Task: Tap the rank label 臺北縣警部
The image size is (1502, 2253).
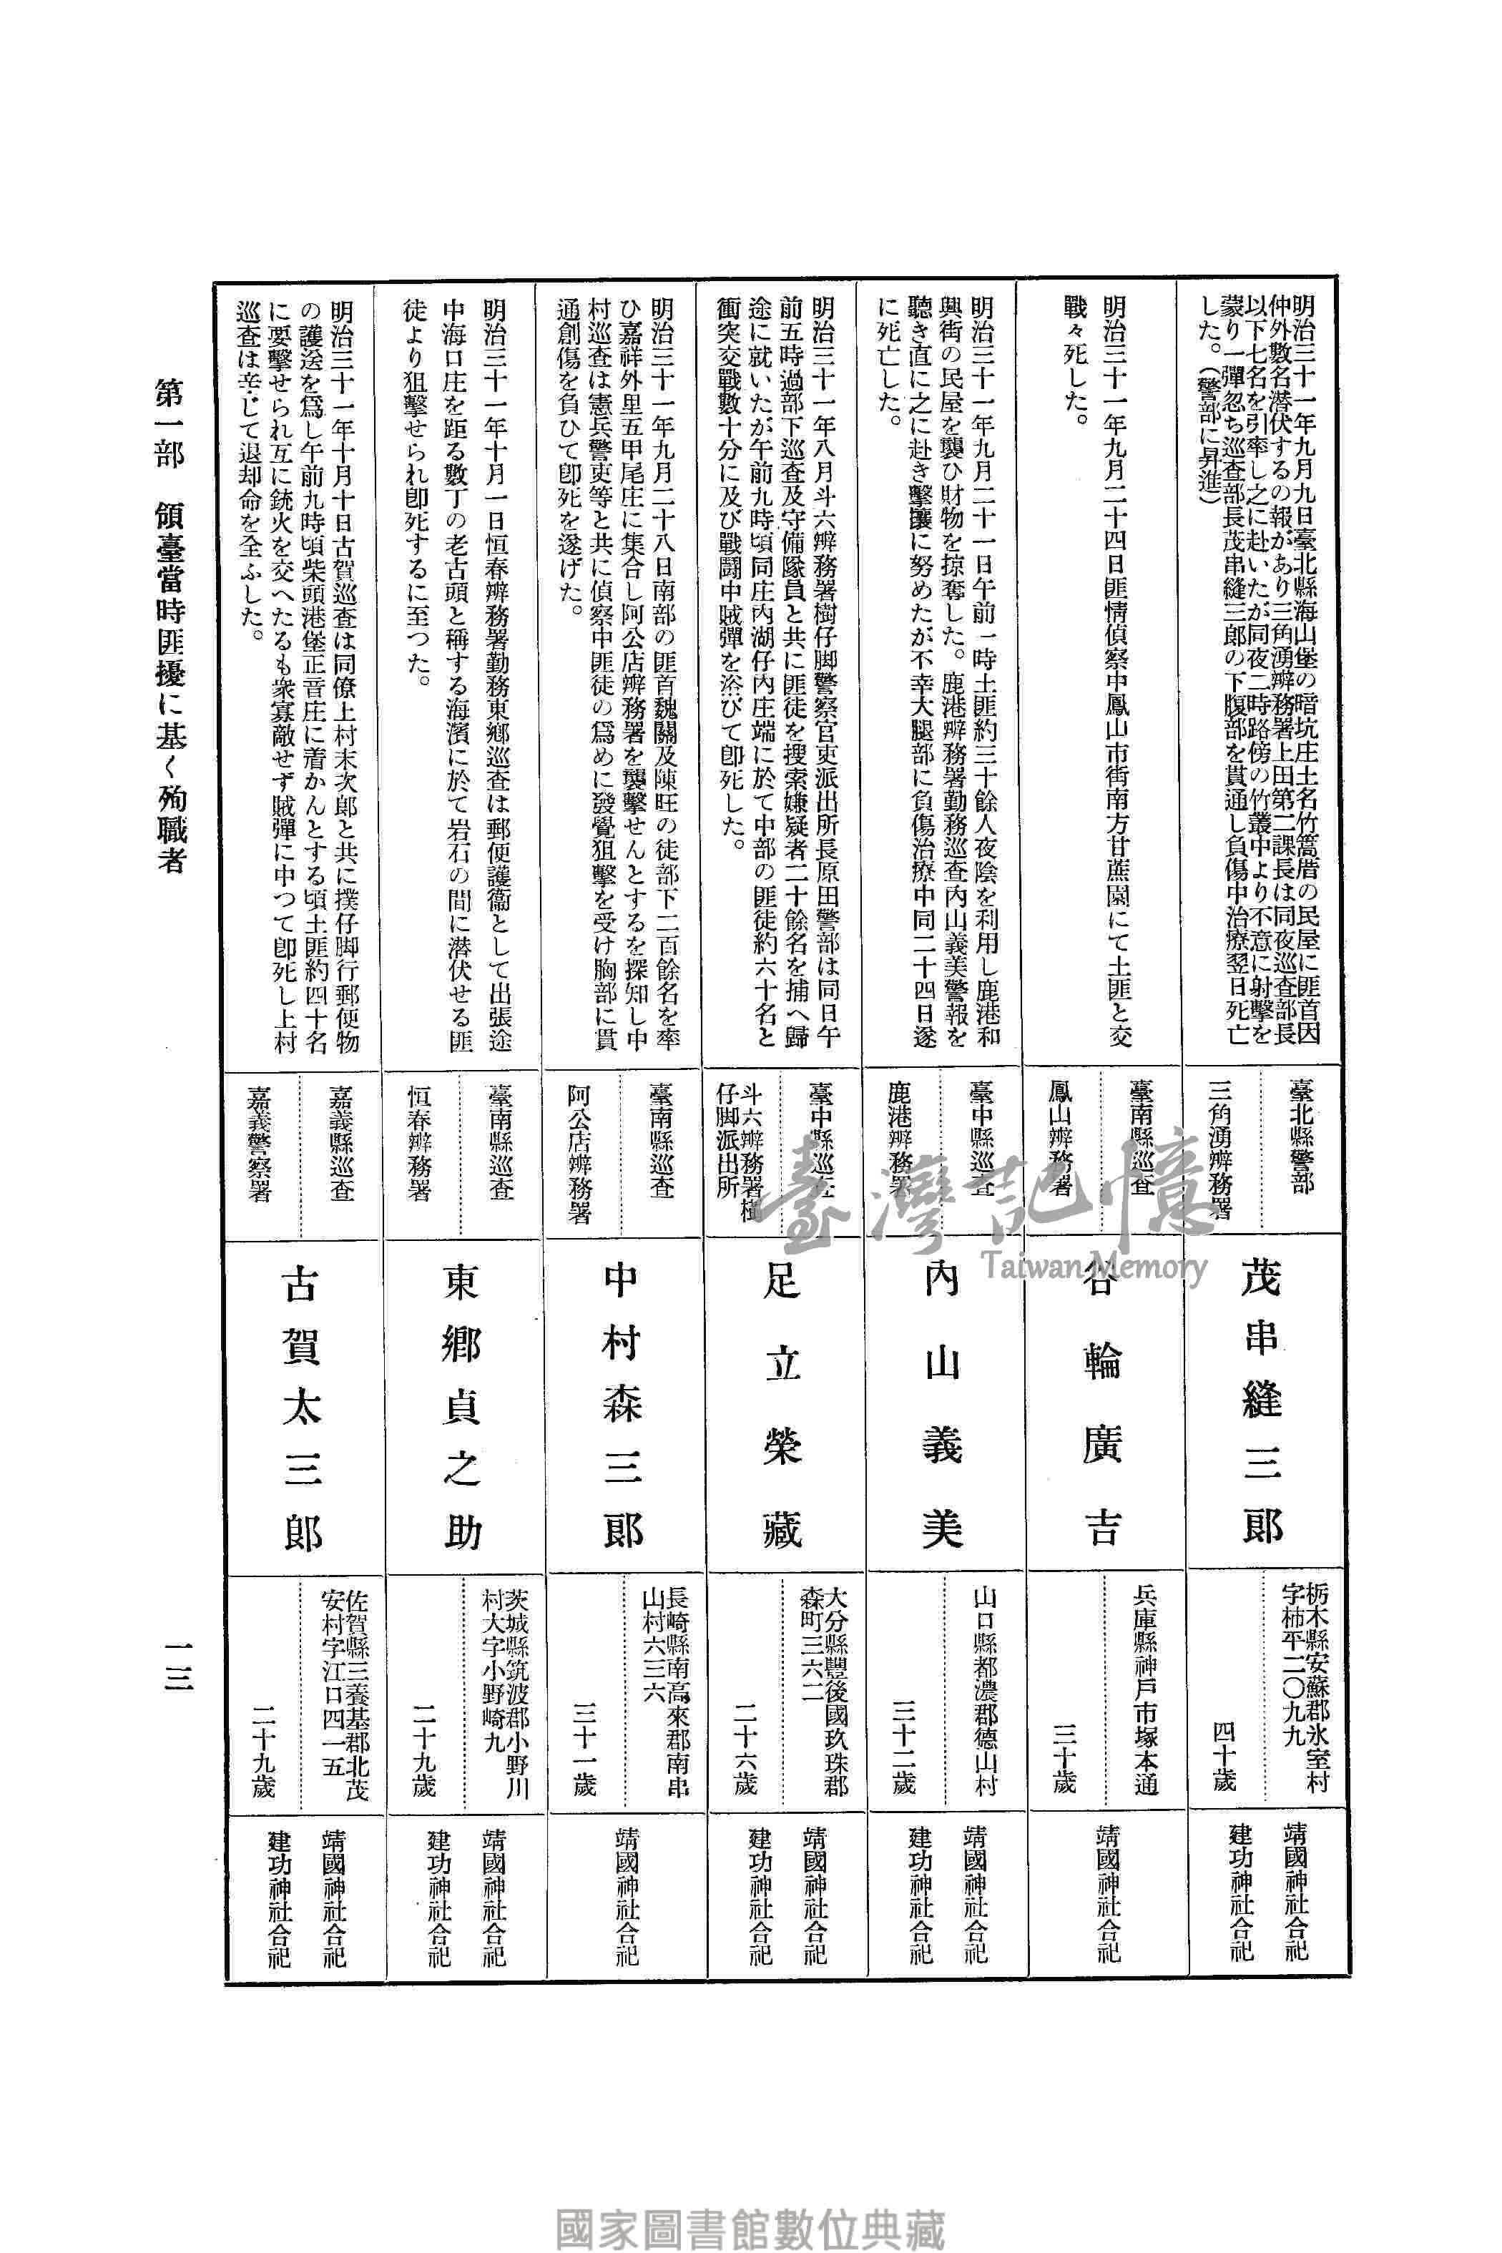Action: click(1300, 1136)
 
